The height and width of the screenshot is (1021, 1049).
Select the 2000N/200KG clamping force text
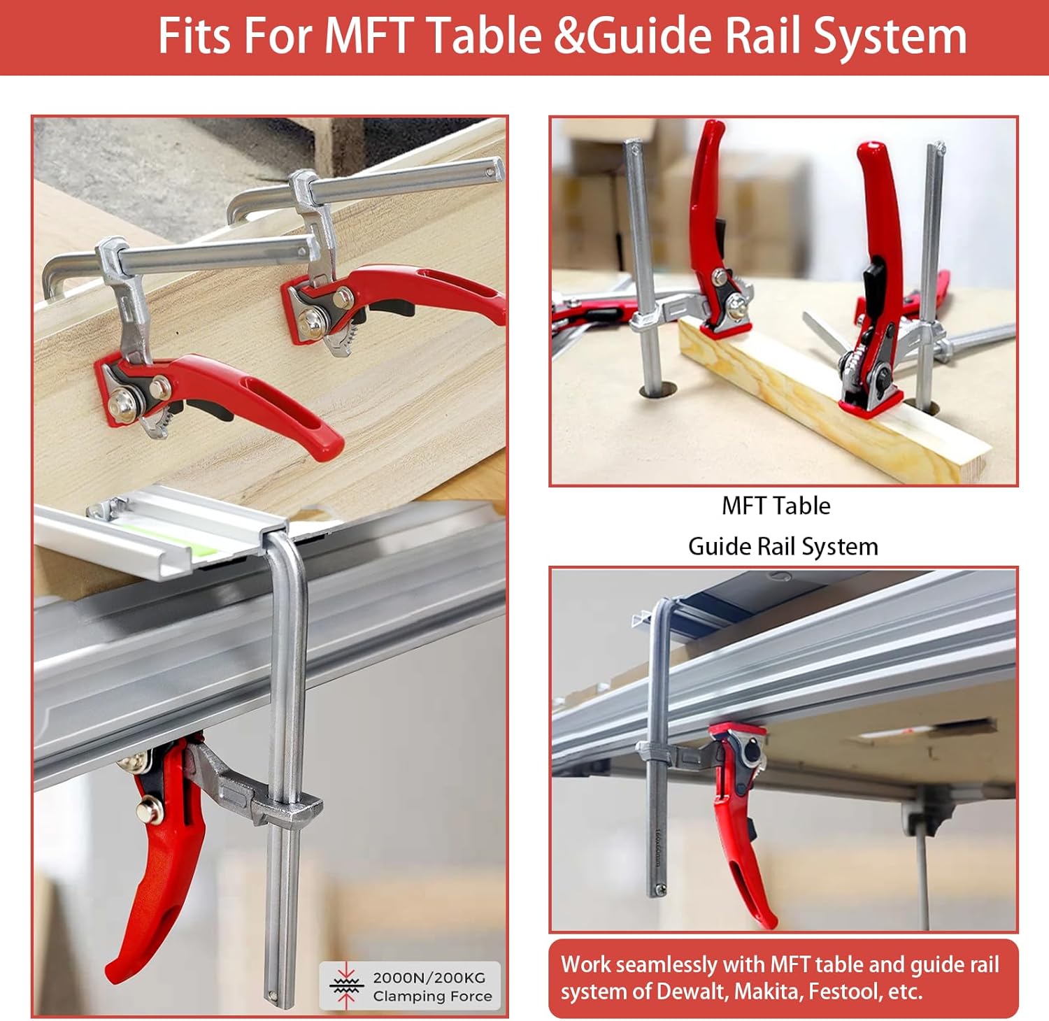click(x=428, y=977)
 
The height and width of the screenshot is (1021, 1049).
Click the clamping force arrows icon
click(x=345, y=986)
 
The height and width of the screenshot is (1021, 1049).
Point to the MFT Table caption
click(x=776, y=506)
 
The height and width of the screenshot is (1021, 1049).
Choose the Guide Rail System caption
click(x=783, y=546)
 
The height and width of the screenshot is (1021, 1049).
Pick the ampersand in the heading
click(x=568, y=36)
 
